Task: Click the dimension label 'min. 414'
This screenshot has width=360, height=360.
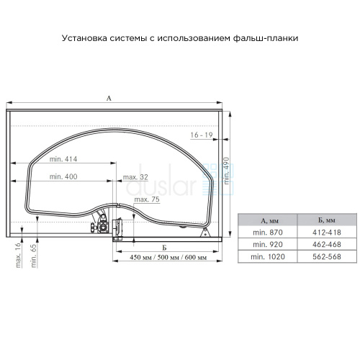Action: pos(63,159)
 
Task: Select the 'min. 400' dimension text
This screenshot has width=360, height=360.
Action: pos(63,176)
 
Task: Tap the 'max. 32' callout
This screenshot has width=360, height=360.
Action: pos(135,177)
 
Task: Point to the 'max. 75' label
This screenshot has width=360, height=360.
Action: pos(147,199)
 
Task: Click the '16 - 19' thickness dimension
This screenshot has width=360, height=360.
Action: pos(202,135)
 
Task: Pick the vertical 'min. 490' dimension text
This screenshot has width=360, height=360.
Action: pos(226,171)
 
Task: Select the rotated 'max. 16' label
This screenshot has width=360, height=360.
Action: pos(18,256)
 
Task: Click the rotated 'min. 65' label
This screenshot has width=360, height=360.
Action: pos(34,256)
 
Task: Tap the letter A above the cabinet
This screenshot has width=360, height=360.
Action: pos(109,98)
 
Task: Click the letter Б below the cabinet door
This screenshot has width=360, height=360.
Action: pos(164,248)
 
